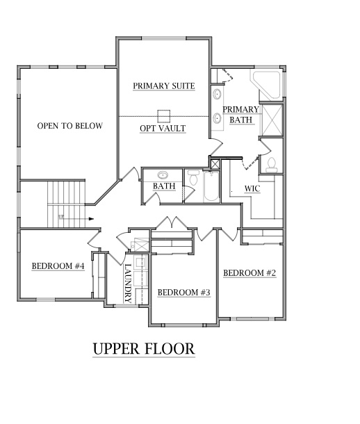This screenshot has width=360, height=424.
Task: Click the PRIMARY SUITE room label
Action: click(x=163, y=86)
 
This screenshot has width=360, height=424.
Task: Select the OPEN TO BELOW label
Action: click(x=69, y=126)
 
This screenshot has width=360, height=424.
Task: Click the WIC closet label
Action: click(x=252, y=188)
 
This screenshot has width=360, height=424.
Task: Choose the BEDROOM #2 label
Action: click(x=249, y=273)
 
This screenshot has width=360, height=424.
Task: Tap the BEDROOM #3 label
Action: click(x=183, y=293)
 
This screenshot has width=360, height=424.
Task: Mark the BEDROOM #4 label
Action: click(x=58, y=266)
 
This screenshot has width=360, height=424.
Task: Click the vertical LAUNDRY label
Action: click(x=129, y=282)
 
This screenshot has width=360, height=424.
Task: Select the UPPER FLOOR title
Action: click(x=143, y=348)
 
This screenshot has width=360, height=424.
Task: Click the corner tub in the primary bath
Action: click(x=268, y=85)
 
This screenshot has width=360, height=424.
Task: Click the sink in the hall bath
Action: click(x=164, y=176)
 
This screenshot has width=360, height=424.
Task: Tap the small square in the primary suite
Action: click(x=165, y=115)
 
